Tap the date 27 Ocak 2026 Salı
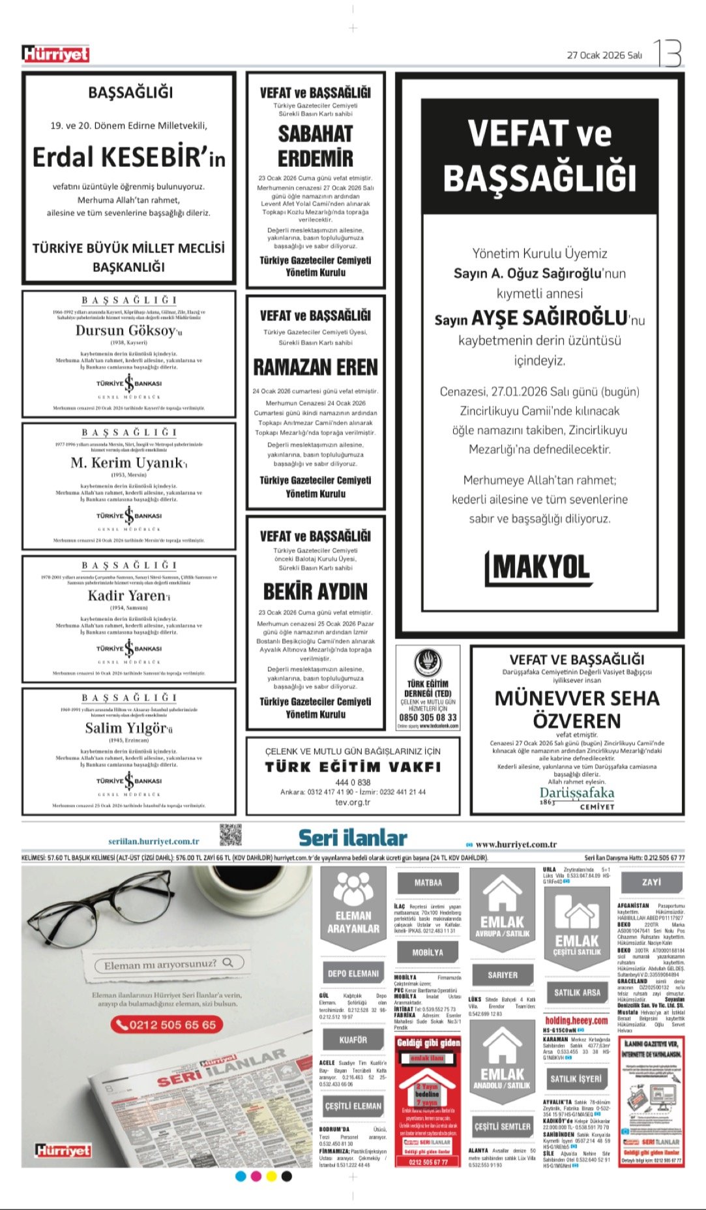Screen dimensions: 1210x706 click(x=604, y=55)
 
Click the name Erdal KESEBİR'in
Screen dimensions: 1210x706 click(x=129, y=157)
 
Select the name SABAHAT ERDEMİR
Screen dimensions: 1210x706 click(x=316, y=146)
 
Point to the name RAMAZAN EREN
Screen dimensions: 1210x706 click(x=316, y=367)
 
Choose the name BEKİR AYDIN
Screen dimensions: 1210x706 click(x=316, y=592)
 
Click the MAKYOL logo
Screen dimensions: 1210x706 click(x=538, y=568)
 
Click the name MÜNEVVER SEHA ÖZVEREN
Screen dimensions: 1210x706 click(x=577, y=709)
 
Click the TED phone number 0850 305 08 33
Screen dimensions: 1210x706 click(x=428, y=717)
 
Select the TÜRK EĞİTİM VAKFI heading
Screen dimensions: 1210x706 click(x=353, y=767)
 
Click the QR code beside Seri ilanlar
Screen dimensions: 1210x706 click(x=230, y=836)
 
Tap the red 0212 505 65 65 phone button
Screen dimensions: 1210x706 click(x=166, y=1025)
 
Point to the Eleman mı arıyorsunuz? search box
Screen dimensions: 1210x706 click(x=169, y=963)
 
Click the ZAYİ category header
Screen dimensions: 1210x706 click(x=651, y=882)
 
